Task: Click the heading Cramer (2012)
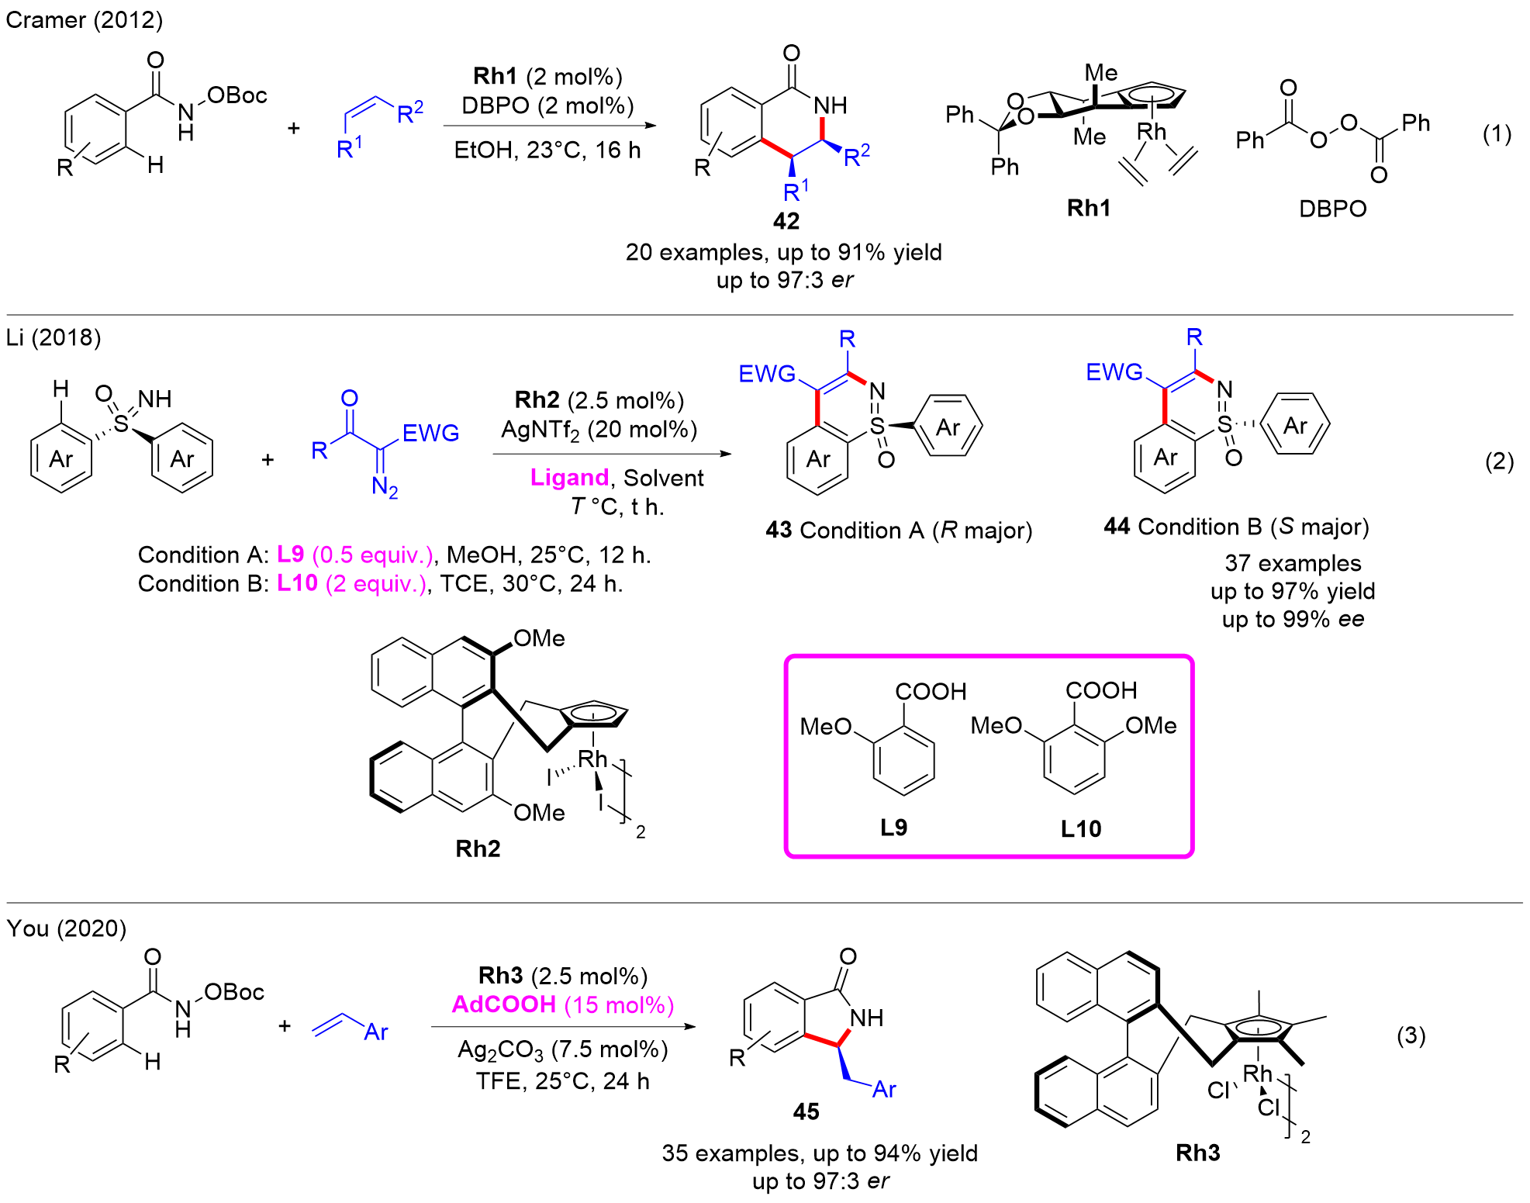click(x=84, y=19)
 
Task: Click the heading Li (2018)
click(x=53, y=337)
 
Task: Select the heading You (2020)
click(x=66, y=928)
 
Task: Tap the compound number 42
click(x=786, y=221)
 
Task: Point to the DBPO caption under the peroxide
click(x=1332, y=209)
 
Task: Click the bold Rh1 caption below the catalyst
click(x=1088, y=208)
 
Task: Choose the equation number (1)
click(x=1497, y=133)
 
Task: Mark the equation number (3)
click(x=1411, y=1035)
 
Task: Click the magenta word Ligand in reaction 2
click(x=568, y=477)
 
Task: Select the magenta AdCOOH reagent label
click(x=504, y=1004)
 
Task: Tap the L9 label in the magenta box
click(x=893, y=828)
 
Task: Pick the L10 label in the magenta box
click(x=1080, y=829)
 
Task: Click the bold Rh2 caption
click(x=478, y=849)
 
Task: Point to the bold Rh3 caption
click(x=1197, y=1153)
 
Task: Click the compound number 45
click(x=806, y=1111)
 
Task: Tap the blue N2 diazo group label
click(x=384, y=487)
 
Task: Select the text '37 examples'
click(x=1293, y=562)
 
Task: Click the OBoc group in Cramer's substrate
click(x=237, y=95)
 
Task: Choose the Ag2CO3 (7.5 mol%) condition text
click(x=562, y=1049)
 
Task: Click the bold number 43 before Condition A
click(x=778, y=530)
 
